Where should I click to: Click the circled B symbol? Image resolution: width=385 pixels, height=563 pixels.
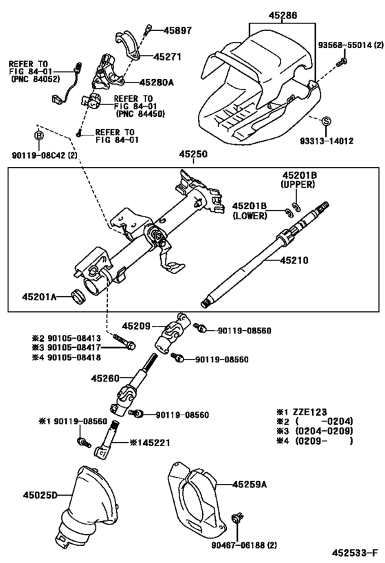39,135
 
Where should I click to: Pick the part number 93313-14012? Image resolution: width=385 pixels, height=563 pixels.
326,141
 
